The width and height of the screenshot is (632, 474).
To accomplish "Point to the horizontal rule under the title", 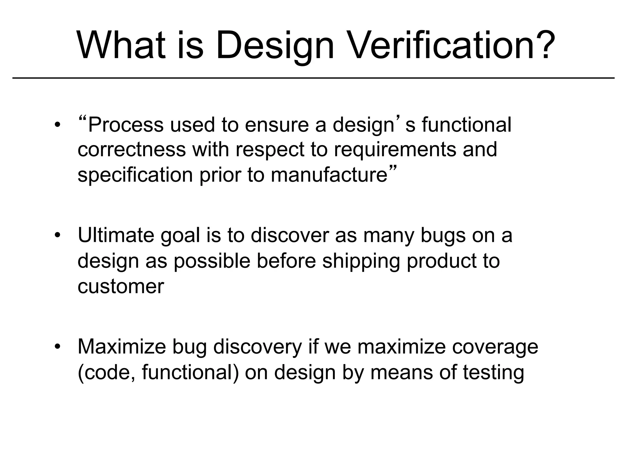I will click(x=313, y=78).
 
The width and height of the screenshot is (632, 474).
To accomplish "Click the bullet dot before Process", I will click(x=56, y=125).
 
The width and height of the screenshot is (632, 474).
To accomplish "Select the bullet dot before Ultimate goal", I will click(x=56, y=235).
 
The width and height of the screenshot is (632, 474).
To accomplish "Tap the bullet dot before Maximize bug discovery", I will click(x=56, y=347).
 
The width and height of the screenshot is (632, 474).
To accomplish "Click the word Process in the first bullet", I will click(x=126, y=125).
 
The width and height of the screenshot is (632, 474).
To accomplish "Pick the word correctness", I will click(x=131, y=150).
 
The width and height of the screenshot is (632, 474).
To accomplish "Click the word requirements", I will click(x=395, y=150).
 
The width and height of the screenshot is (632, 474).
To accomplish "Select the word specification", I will click(x=135, y=175).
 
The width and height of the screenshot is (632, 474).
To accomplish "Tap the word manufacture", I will click(x=329, y=175).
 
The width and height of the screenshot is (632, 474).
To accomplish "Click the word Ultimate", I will click(x=115, y=235).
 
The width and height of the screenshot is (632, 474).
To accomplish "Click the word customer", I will click(x=121, y=286).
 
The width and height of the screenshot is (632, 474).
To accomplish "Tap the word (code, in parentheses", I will click(x=106, y=372).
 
